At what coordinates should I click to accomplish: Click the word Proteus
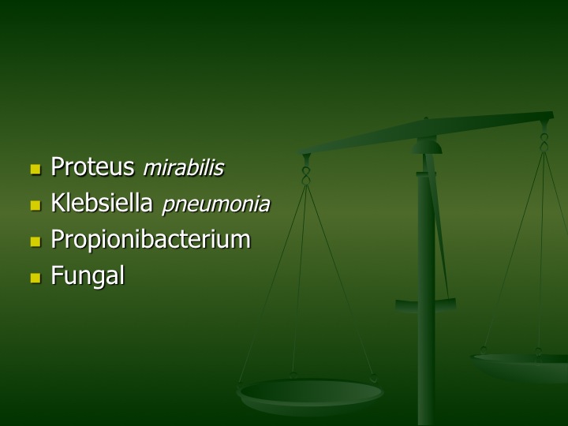[x=92, y=167]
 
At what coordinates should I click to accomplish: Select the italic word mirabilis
[x=184, y=168]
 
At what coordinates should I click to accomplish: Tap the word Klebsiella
[x=102, y=203]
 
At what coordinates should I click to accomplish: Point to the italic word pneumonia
[x=216, y=204]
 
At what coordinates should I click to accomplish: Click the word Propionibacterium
[x=151, y=240]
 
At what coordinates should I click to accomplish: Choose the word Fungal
[x=88, y=275]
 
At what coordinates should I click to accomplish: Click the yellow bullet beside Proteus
[x=35, y=169]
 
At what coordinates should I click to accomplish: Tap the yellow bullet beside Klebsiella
[x=35, y=205]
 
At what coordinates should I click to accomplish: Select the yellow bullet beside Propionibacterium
[x=35, y=241]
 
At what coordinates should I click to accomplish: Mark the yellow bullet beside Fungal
[x=35, y=278]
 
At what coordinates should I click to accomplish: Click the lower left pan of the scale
[x=310, y=395]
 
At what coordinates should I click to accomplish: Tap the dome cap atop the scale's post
[x=427, y=147]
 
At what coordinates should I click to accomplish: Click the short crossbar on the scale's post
[x=425, y=305]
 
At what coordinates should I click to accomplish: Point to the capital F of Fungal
[x=57, y=275]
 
